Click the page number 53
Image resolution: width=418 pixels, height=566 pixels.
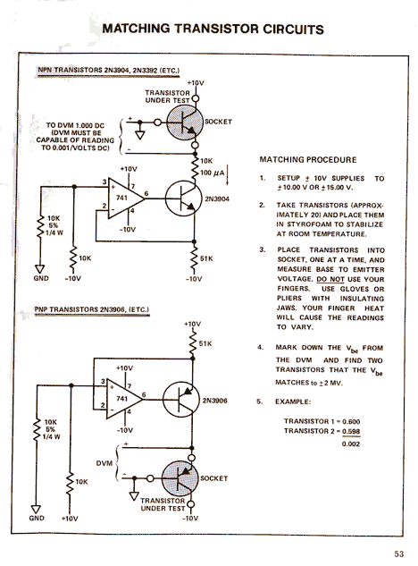[x=399, y=553]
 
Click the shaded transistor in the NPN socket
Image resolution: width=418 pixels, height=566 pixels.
[x=184, y=122]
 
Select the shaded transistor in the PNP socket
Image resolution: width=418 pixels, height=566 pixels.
[x=180, y=478]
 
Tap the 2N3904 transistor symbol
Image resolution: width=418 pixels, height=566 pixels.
[x=183, y=199]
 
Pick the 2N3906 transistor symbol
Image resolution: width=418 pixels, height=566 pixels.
[x=180, y=400]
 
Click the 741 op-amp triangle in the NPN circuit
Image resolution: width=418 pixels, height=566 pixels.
[x=125, y=198]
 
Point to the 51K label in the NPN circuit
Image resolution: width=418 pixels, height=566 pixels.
[x=206, y=258]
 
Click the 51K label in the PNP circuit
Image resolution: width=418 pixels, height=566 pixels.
[x=205, y=343]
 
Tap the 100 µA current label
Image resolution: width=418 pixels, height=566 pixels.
[x=212, y=173]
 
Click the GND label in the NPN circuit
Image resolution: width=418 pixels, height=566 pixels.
[x=41, y=278]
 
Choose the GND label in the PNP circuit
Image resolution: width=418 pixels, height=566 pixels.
[x=37, y=518]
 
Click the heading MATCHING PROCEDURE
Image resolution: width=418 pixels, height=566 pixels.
[x=308, y=160]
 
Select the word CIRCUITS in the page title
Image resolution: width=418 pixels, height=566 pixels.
[x=293, y=29]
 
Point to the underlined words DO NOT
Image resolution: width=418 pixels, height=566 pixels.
[x=330, y=279]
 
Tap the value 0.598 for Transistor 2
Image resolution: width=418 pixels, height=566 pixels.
[x=351, y=431]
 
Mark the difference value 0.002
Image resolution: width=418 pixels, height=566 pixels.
[x=351, y=444]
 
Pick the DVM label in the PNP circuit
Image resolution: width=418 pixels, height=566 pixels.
[x=104, y=463]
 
